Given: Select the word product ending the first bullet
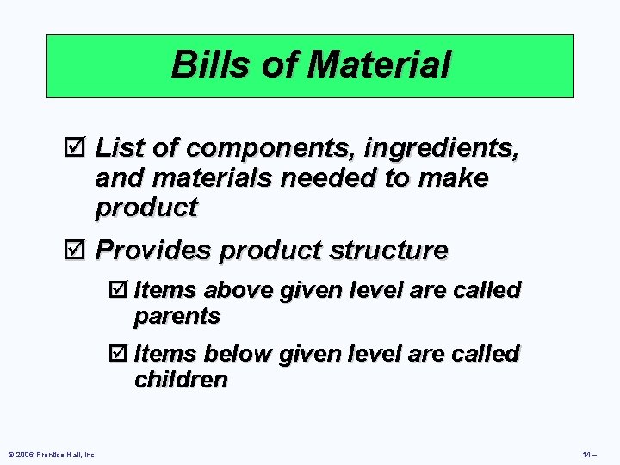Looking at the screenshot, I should pyautogui.click(x=146, y=208).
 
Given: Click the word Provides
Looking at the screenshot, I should pyautogui.click(x=154, y=251).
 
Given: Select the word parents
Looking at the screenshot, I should pyautogui.click(x=177, y=316).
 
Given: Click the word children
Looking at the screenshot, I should pyautogui.click(x=180, y=380).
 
